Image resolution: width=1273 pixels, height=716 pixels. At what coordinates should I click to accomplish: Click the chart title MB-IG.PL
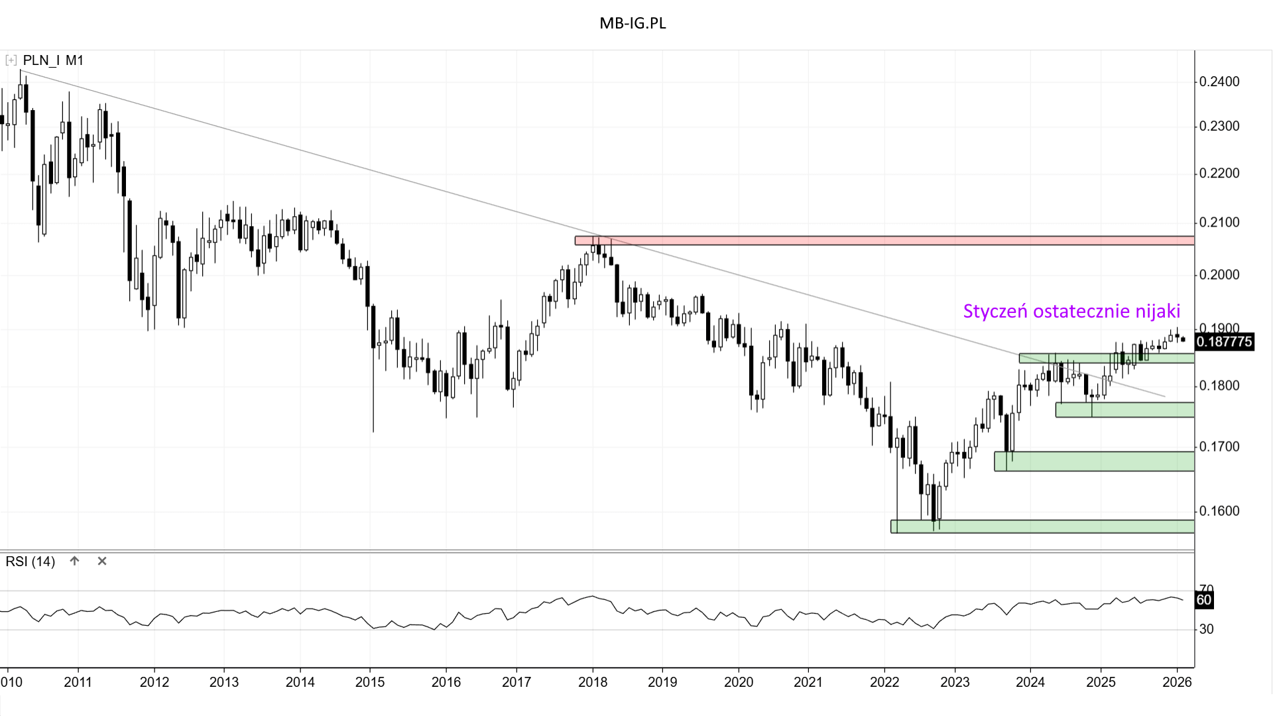pyautogui.click(x=633, y=23)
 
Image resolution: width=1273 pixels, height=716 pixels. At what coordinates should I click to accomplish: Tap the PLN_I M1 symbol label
pyautogui.click(x=53, y=60)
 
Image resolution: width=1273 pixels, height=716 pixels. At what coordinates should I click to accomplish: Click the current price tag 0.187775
pyautogui.click(x=1224, y=341)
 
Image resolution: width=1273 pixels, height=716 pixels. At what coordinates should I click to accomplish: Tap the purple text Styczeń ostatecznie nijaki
pyautogui.click(x=1071, y=311)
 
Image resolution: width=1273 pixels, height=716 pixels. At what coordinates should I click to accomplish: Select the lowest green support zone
pyautogui.click(x=1042, y=526)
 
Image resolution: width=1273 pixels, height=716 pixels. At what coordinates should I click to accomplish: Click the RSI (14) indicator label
pyautogui.click(x=30, y=562)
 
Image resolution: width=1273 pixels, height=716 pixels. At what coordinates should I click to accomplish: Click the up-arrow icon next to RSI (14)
pyautogui.click(x=75, y=561)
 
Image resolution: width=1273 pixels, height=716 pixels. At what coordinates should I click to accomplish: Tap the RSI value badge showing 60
pyautogui.click(x=1203, y=600)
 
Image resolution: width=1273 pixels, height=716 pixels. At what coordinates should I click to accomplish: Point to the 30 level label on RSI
pyautogui.click(x=1206, y=629)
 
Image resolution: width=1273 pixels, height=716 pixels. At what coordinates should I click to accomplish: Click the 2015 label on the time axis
pyautogui.click(x=370, y=682)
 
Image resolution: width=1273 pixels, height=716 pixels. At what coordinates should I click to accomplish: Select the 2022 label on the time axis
pyautogui.click(x=884, y=682)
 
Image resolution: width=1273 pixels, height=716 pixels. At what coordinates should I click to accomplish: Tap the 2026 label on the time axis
pyautogui.click(x=1177, y=682)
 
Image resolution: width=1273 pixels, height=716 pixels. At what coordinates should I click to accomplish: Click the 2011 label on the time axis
pyautogui.click(x=78, y=682)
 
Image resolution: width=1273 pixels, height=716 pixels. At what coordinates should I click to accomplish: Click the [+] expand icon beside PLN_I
pyautogui.click(x=11, y=60)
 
